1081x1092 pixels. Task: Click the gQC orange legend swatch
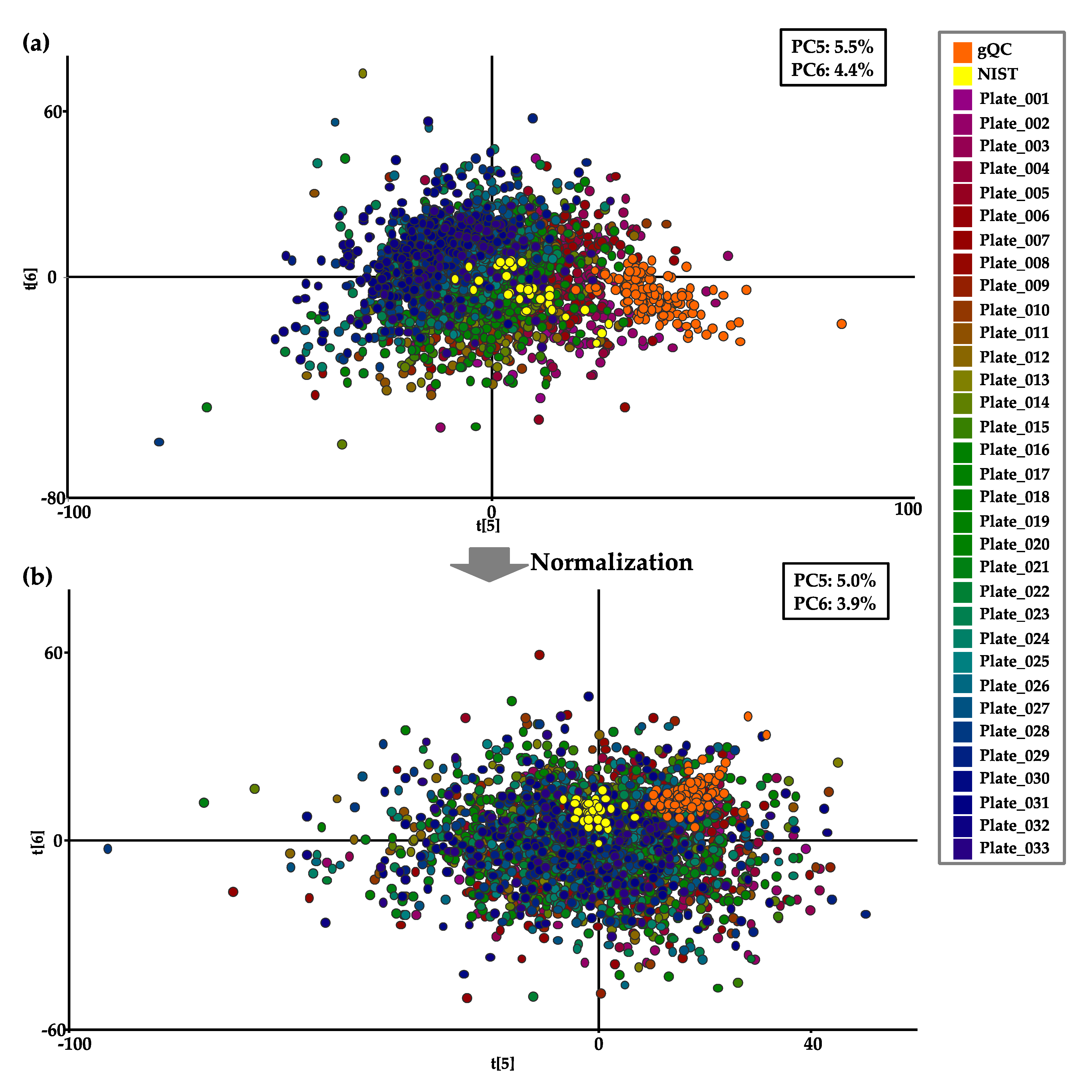pyautogui.click(x=962, y=52)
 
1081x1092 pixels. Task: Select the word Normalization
pyautogui.click(x=611, y=562)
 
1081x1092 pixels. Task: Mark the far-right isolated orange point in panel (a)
pyautogui.click(x=841, y=324)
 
